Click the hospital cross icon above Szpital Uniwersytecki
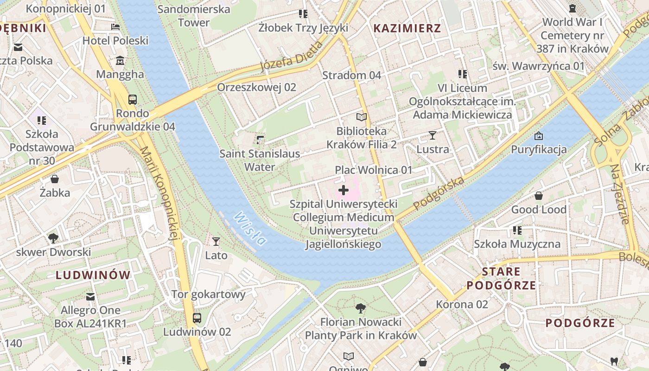pos(344,190)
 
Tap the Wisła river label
pos(250,228)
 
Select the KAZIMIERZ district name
pos(407,28)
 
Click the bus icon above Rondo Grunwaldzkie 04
pos(133,99)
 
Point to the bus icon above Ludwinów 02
pos(197,318)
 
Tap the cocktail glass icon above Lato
pos(216,241)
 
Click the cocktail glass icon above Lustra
pos(433,135)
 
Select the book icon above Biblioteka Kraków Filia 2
pos(362,117)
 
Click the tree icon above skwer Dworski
pos(53,238)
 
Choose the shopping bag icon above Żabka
pos(55,179)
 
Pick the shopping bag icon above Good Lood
pos(539,196)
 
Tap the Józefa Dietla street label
pos(291,56)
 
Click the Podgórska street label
pos(439,193)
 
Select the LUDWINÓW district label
pos(93,275)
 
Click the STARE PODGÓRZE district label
pos(501,278)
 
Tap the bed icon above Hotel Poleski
pos(115,27)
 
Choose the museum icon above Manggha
pos(120,60)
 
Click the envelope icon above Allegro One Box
pos(90,296)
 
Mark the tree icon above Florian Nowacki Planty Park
pos(360,308)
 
